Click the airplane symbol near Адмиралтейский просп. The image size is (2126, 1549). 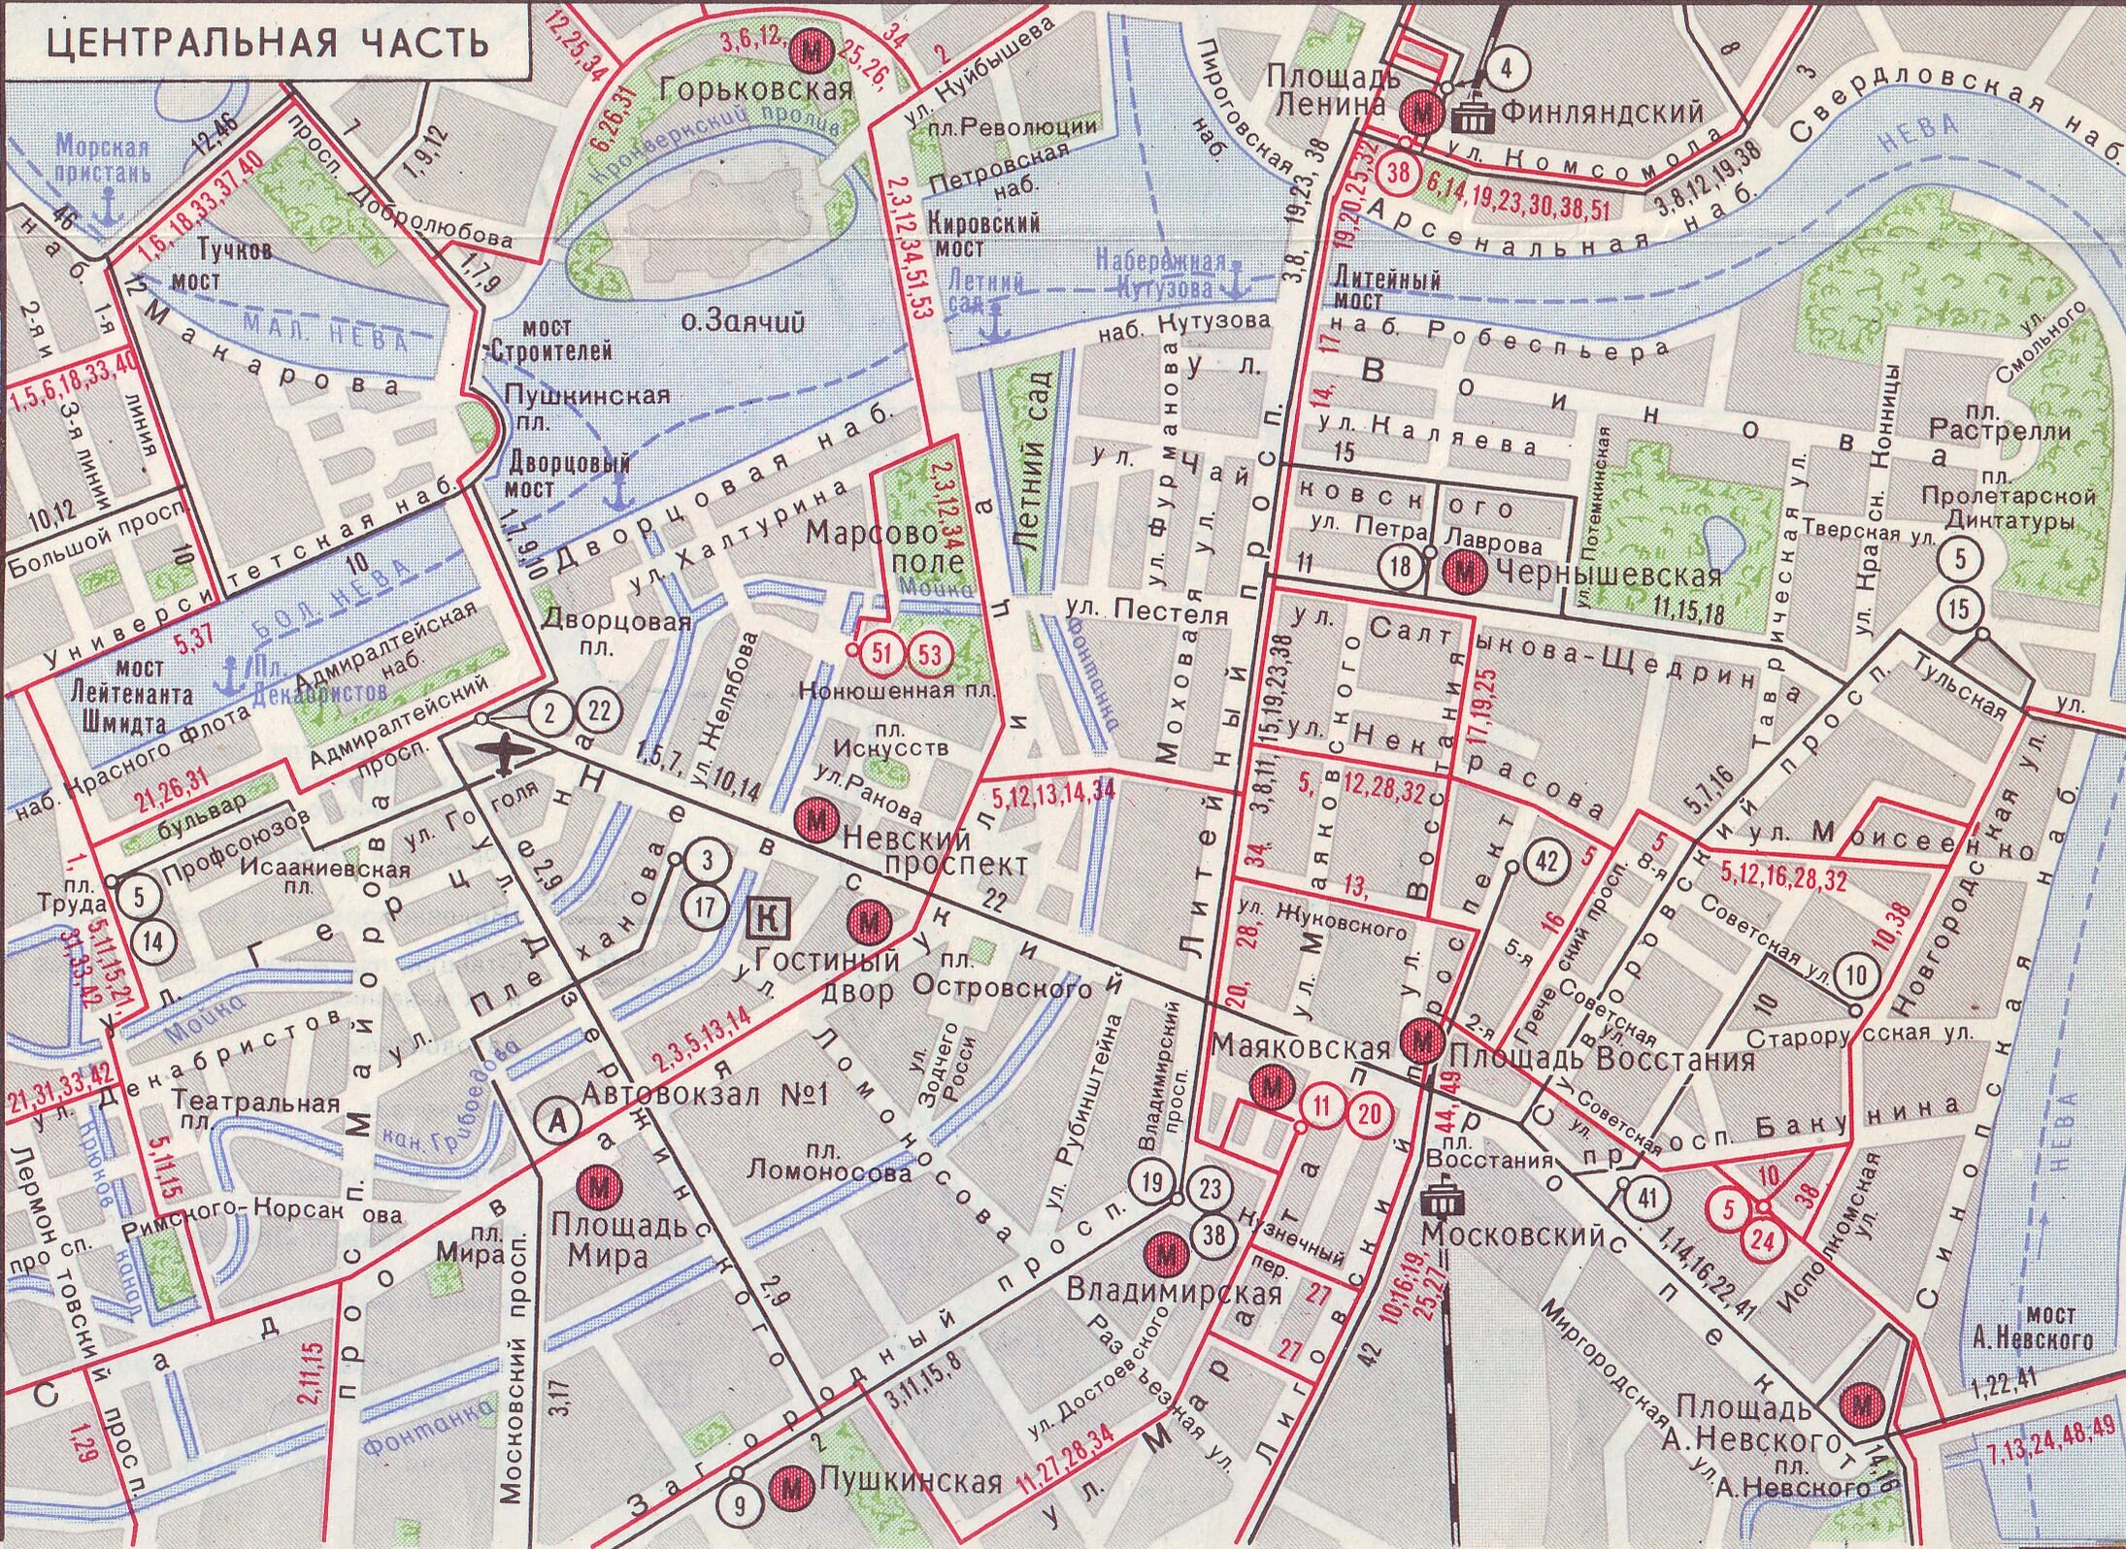505,756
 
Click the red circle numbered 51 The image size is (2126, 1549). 881,653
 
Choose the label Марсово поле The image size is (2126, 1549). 887,547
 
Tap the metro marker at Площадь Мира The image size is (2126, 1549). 599,1187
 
